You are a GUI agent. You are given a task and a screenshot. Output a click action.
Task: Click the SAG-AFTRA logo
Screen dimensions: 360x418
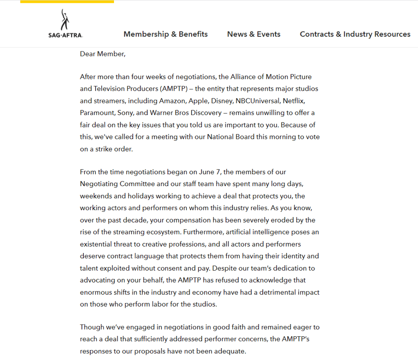(x=65, y=24)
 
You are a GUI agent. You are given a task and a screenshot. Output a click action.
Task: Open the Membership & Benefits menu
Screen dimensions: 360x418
(x=165, y=34)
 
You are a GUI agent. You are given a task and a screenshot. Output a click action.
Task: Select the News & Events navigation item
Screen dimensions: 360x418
(x=254, y=34)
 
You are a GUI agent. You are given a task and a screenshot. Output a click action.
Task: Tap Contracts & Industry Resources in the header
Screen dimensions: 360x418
(x=355, y=34)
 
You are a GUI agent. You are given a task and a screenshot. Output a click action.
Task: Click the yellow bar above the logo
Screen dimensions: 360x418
(x=67, y=2)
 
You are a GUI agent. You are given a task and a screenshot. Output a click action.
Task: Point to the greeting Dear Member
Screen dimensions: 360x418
(x=103, y=54)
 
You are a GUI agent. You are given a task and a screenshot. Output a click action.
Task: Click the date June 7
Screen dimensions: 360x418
(x=210, y=172)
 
